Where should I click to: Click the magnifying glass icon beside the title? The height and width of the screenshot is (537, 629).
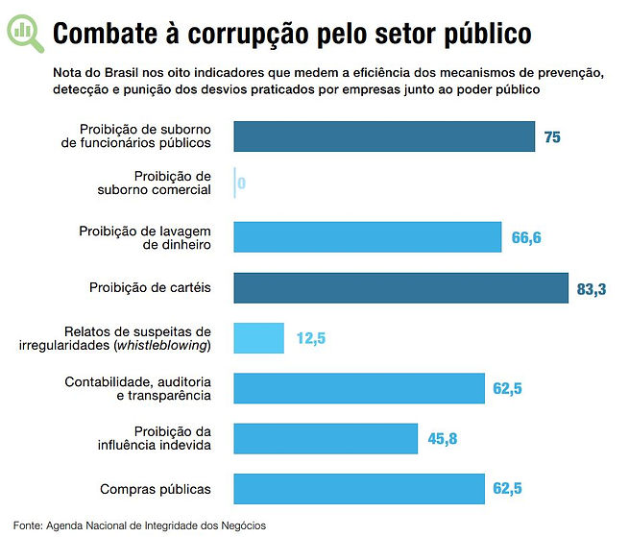[x=25, y=33]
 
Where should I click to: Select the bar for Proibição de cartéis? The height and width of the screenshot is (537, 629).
[x=401, y=288]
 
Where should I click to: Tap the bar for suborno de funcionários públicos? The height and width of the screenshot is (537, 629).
[x=384, y=136]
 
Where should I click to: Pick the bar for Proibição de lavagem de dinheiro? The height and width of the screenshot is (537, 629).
[x=368, y=237]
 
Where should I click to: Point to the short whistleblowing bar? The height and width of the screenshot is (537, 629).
[x=259, y=338]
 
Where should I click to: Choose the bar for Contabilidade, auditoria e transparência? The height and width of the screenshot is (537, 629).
[x=359, y=388]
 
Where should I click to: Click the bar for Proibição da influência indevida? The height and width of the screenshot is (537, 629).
[x=326, y=438]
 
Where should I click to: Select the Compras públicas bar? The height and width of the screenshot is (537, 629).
[x=359, y=488]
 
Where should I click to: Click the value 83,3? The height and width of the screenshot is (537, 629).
[x=592, y=288]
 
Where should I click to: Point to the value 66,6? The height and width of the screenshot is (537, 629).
[x=526, y=237]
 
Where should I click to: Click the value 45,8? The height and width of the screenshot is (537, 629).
[x=442, y=439]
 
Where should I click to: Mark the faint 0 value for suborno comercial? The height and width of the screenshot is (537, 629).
[x=242, y=183]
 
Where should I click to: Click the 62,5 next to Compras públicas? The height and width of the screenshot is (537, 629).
[x=508, y=489]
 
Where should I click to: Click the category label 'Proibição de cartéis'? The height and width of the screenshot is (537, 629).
[x=150, y=288]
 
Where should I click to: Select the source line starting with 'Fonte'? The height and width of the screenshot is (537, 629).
[x=140, y=525]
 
